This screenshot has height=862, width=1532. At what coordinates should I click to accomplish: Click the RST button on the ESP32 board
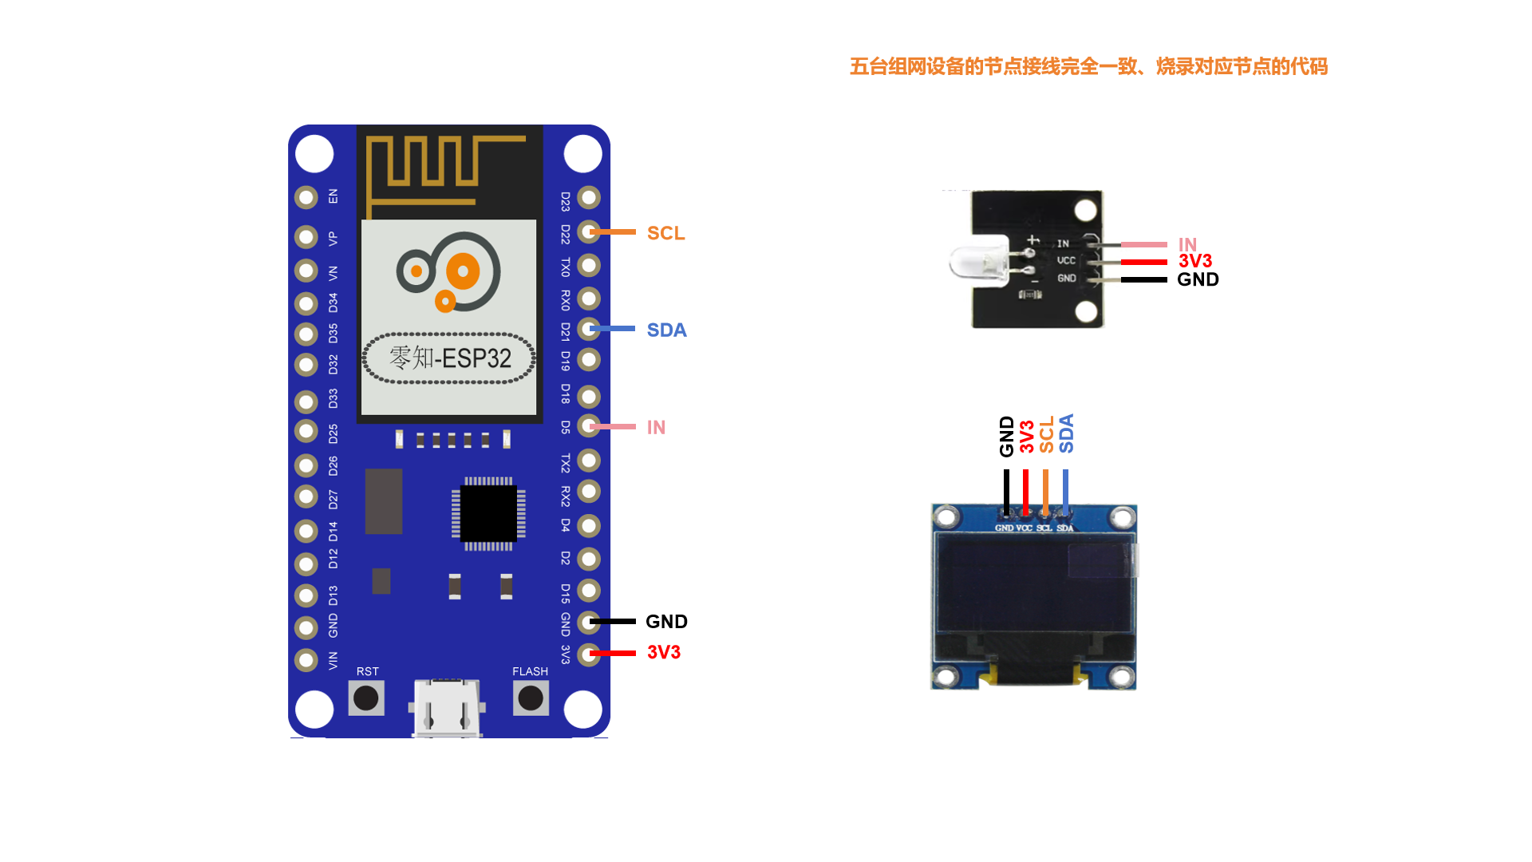point(366,698)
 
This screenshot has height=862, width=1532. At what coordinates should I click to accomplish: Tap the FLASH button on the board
point(531,698)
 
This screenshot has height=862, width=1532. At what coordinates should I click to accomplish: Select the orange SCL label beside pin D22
point(665,233)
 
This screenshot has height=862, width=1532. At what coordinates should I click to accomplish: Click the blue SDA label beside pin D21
point(666,330)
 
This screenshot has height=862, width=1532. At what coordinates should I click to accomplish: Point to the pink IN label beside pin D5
point(656,428)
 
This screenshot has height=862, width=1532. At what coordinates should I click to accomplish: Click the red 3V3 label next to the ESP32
point(663,652)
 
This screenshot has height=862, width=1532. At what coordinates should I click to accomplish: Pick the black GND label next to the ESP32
point(666,622)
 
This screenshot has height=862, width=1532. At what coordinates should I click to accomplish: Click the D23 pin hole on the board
point(589,197)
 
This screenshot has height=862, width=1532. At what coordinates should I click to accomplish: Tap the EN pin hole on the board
point(306,197)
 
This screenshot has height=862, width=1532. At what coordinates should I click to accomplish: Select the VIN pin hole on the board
point(306,660)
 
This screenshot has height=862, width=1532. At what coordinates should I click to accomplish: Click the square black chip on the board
point(488,513)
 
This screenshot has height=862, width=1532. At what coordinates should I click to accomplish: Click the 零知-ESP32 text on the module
point(450,358)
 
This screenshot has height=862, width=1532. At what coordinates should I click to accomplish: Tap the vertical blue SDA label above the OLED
point(1066,433)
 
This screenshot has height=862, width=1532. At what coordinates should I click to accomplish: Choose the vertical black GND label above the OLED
point(1007,436)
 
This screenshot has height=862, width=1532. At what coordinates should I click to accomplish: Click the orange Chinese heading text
point(1088,66)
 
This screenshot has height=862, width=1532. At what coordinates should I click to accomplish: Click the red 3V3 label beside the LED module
point(1194,261)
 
